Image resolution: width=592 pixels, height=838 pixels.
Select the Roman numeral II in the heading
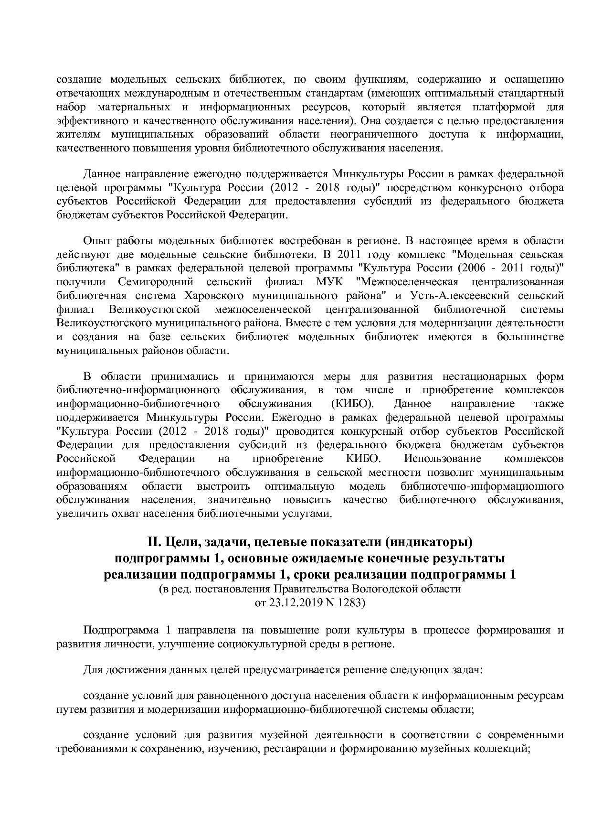[x=153, y=542]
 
